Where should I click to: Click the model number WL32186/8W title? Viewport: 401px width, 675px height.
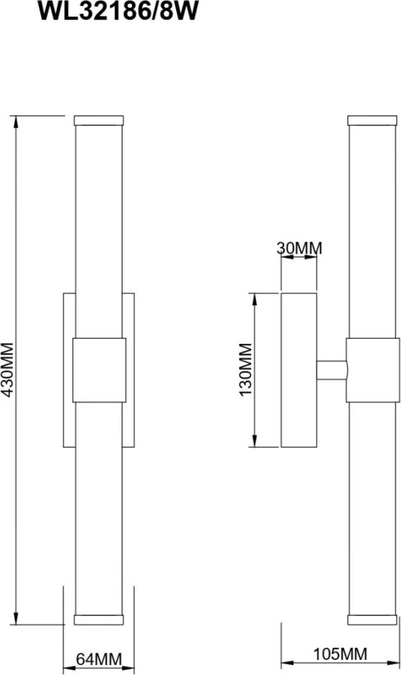click(118, 11)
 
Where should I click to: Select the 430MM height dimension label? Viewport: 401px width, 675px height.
click(8, 370)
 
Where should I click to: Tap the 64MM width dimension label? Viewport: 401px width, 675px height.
click(99, 659)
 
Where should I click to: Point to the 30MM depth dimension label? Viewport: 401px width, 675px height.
click(299, 248)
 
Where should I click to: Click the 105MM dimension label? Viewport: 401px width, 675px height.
click(340, 654)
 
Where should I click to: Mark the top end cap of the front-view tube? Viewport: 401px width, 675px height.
click(99, 120)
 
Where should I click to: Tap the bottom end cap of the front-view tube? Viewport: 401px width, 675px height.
click(99, 620)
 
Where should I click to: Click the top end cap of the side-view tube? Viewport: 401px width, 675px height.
click(372, 120)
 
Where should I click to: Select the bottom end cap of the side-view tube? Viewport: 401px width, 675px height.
click(372, 620)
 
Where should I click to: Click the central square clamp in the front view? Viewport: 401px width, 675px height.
click(100, 371)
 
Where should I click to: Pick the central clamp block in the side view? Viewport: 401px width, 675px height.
click(372, 371)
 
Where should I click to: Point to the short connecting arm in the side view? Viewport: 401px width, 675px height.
click(331, 371)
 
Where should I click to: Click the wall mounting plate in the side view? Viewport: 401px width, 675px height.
click(298, 370)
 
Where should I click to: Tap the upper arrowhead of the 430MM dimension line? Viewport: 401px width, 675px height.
click(16, 123)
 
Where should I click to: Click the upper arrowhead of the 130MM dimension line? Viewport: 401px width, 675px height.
click(254, 300)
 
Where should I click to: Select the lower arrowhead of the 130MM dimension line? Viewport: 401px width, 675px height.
click(254, 439)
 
